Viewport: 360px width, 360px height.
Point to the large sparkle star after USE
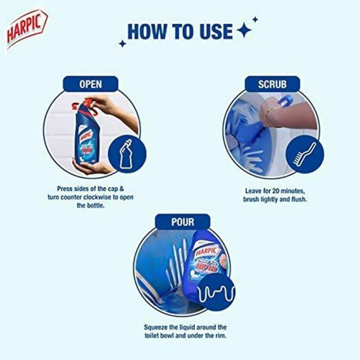point(244,31)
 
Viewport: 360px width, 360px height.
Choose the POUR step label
point(182,222)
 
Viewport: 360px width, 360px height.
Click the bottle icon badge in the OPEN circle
point(127,152)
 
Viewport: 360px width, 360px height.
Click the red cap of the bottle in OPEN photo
point(78,109)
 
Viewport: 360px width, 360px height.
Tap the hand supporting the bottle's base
point(90,167)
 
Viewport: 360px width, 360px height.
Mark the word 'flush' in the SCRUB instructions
point(297,199)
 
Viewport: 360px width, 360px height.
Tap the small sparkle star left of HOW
point(122,44)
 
